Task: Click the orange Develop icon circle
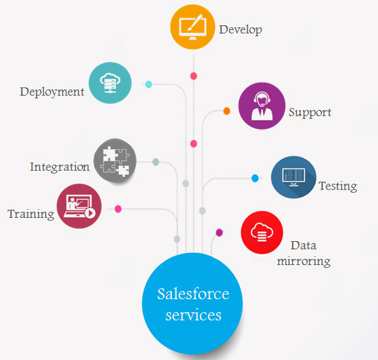(192, 27)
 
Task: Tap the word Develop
(240, 30)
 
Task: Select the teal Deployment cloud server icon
(110, 83)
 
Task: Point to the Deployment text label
(52, 92)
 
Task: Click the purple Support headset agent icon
(262, 106)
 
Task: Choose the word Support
(310, 113)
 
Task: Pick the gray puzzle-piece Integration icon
(115, 161)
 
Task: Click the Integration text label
(60, 167)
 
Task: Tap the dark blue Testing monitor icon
(293, 178)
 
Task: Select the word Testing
(338, 186)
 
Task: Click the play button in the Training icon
(90, 213)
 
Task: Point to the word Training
(31, 214)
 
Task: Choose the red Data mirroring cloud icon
(262, 232)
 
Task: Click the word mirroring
(304, 262)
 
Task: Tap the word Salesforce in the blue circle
(193, 294)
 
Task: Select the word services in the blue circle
(193, 315)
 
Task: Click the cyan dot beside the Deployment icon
(149, 84)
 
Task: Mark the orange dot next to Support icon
(227, 111)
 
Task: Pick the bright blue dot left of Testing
(255, 178)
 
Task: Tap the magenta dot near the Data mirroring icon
(220, 233)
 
